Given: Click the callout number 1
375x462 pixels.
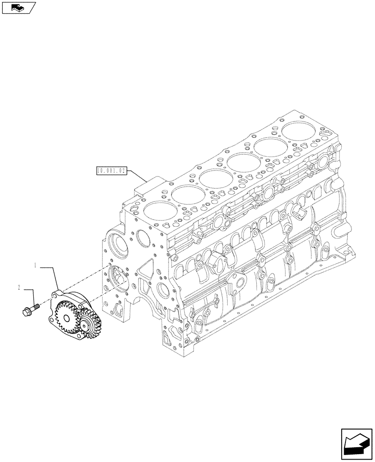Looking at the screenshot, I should (35, 266).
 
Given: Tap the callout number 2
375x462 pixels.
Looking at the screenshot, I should (19, 287).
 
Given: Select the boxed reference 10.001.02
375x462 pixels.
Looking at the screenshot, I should (111, 170).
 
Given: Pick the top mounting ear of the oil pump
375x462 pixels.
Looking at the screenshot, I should (56, 292).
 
